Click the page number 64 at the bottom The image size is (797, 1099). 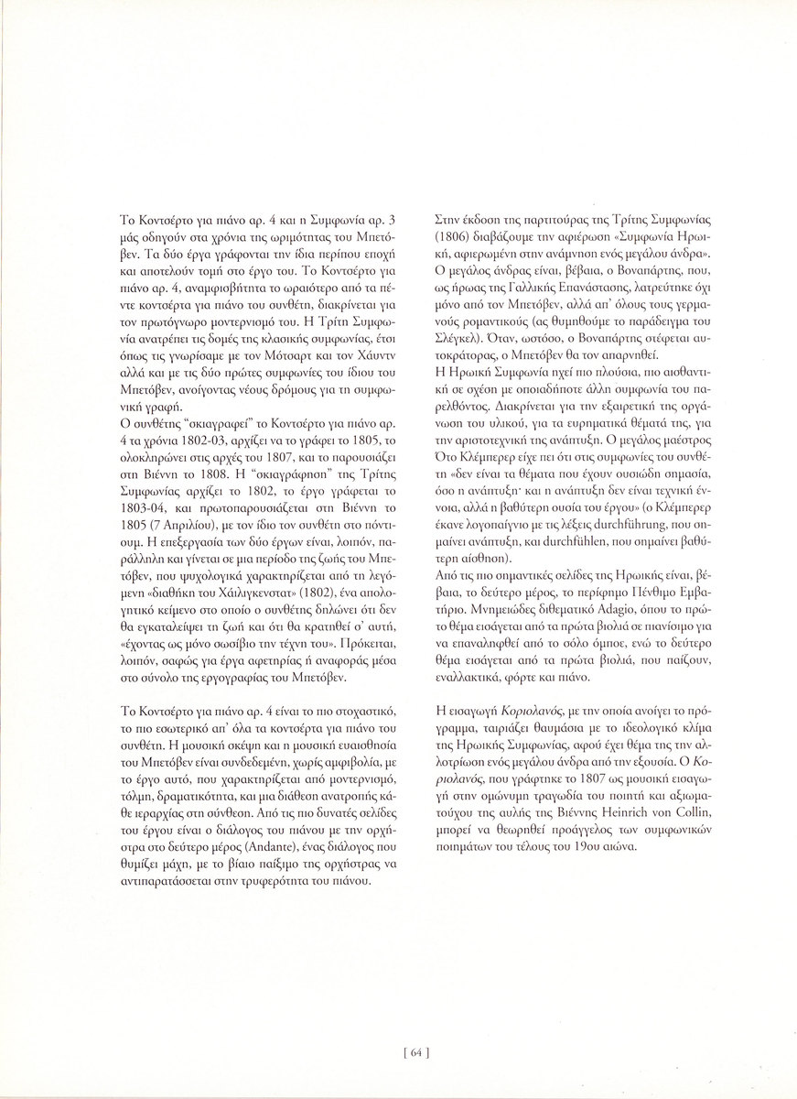(x=415, y=1052)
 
